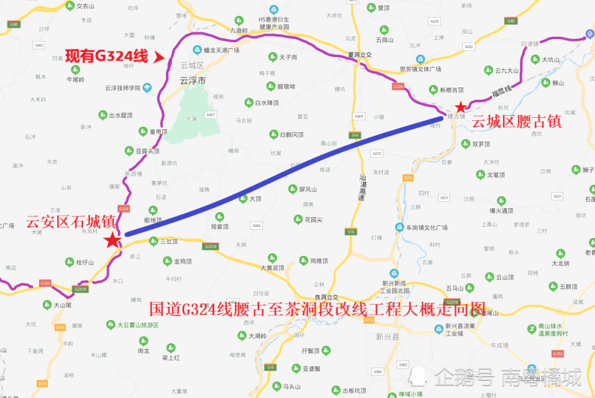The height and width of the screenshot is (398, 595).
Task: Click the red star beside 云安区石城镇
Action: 112,240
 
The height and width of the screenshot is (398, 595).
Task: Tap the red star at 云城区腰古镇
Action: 460,108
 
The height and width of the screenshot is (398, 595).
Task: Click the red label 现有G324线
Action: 107,57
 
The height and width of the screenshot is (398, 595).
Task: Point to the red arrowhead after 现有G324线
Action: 159,57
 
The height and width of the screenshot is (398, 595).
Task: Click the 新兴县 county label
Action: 387,336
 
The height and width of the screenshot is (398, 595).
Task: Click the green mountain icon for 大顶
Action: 243,198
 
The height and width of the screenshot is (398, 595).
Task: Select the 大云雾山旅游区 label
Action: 138,325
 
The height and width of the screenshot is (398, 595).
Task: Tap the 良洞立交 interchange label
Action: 326,297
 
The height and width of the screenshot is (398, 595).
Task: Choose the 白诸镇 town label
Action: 529,43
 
